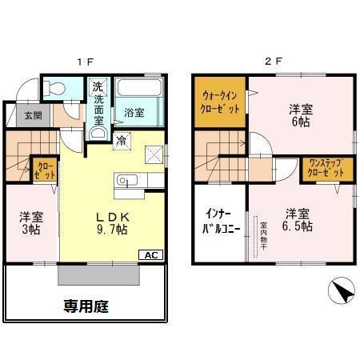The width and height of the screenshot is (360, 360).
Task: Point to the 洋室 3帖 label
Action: (30, 222)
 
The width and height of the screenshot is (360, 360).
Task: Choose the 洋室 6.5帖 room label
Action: (295, 219)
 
